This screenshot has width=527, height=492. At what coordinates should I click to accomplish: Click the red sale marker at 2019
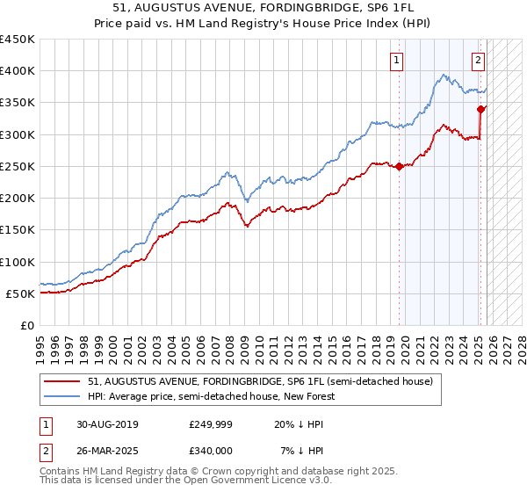coord(399,166)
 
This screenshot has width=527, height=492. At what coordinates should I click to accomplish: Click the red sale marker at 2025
coord(480,109)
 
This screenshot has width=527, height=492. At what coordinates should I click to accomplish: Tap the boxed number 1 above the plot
coord(397,61)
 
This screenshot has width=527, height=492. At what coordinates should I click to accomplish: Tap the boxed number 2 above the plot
coord(478,61)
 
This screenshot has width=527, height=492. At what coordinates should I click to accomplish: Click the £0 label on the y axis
coord(26,325)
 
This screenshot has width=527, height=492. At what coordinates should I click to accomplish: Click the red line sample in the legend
coord(63,382)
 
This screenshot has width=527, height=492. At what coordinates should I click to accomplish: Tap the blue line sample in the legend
coord(63,397)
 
